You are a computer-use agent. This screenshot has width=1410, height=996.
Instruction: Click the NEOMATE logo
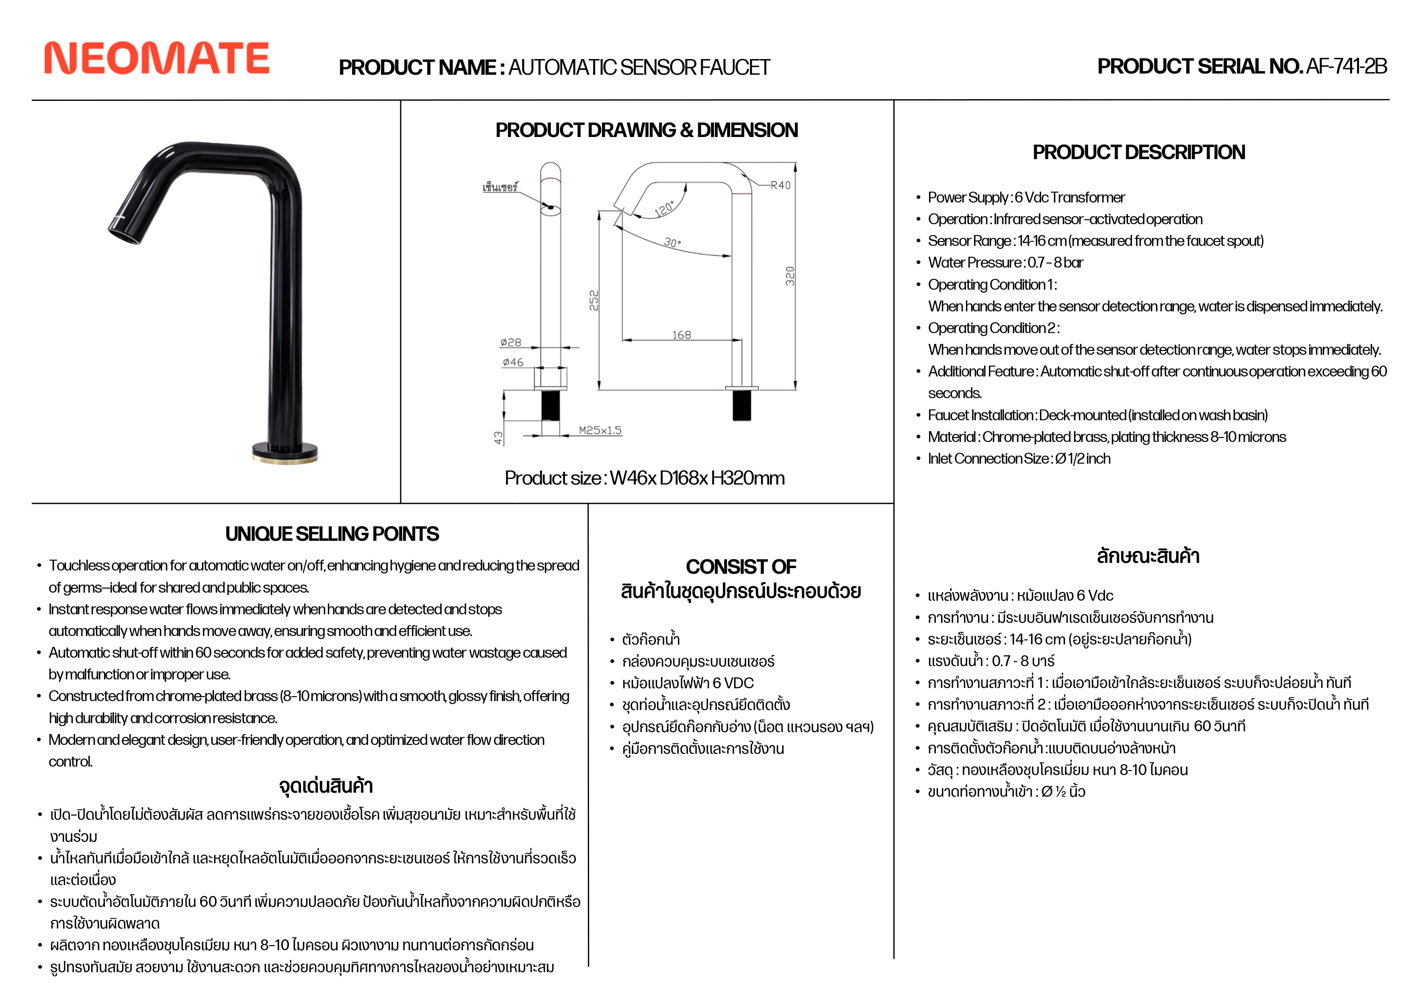click(x=157, y=58)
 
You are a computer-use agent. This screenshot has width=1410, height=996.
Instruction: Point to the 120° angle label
click(x=665, y=209)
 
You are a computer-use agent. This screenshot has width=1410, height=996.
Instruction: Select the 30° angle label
click(x=672, y=243)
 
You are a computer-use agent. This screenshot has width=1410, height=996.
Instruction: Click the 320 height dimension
click(x=790, y=276)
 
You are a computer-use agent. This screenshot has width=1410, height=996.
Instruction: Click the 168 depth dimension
click(x=681, y=335)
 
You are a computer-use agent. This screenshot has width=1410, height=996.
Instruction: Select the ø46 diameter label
click(x=513, y=362)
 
